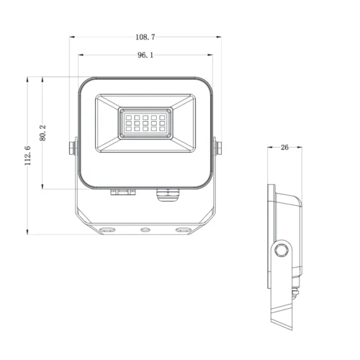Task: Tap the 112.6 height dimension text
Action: pyautogui.click(x=28, y=155)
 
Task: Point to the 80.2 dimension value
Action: pyautogui.click(x=44, y=133)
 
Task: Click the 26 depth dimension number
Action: pyautogui.click(x=284, y=147)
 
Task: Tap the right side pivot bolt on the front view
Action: pyautogui.click(x=219, y=148)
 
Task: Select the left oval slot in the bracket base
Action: pyautogui.click(x=108, y=230)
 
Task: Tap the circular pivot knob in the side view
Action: pyautogui.click(x=281, y=250)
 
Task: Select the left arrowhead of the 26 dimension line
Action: pyautogui.click(x=269, y=147)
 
